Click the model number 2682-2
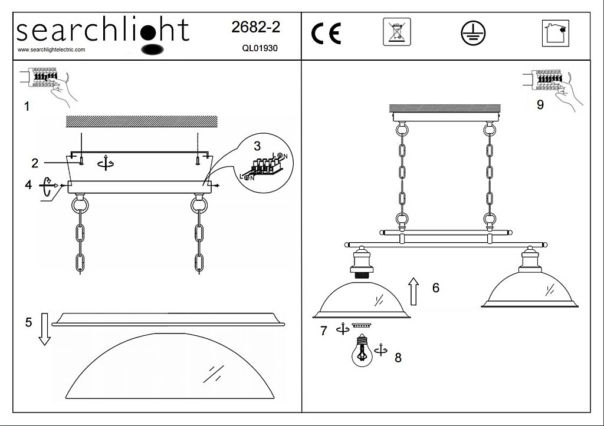click(255, 27)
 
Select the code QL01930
click(260, 48)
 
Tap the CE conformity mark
click(326, 34)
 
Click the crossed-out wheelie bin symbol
click(397, 32)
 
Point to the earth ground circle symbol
click(473, 33)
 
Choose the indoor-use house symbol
click(556, 33)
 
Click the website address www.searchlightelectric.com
click(51, 49)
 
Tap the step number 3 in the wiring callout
click(257, 146)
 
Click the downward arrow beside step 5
click(45, 329)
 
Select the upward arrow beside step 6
click(413, 291)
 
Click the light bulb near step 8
click(362, 350)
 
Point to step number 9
click(540, 105)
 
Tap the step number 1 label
click(27, 106)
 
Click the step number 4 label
click(28, 184)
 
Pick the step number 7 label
click(324, 331)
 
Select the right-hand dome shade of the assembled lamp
click(530, 288)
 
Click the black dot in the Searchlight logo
click(148, 32)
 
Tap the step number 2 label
click(35, 163)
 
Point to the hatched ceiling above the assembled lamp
click(445, 108)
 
